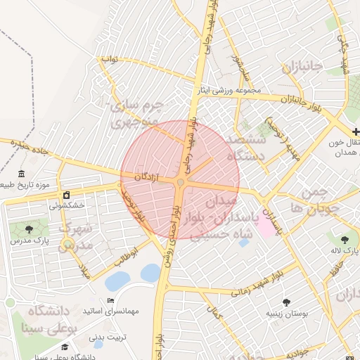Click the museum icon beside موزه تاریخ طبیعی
[x=22, y=174]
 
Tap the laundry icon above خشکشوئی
[x=66, y=195]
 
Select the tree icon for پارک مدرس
[x=29, y=230]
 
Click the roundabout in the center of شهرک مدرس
[x=67, y=245]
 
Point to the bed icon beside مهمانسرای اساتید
[x=110, y=301]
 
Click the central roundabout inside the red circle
[x=181, y=183]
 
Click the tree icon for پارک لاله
[x=345, y=240]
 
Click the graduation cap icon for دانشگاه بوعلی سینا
[x=65, y=347]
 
